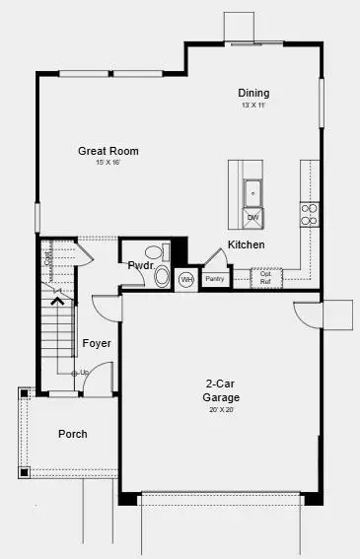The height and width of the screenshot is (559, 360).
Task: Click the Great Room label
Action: pos(108,151)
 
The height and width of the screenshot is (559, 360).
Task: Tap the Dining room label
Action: pos(253,93)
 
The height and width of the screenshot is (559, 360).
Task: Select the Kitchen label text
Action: pos(246,245)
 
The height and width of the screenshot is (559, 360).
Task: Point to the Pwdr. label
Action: pos(139,265)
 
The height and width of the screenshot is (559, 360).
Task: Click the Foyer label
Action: pos(97,343)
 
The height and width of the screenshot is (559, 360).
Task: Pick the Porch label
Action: pos(73,434)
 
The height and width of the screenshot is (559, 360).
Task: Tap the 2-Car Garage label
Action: pos(223,390)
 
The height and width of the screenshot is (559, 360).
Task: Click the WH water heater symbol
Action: pos(186,280)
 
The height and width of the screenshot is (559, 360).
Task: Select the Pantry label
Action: pos(215,279)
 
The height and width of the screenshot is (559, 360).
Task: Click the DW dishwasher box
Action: pos(252,217)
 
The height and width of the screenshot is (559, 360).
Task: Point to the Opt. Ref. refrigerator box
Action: pos(266,278)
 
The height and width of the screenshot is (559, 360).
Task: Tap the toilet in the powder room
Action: pos(162,277)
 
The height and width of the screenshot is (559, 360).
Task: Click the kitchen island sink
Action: pos(252,192)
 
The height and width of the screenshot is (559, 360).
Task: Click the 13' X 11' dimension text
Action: pos(253,105)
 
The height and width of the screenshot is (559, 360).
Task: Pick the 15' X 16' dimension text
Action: pos(108,163)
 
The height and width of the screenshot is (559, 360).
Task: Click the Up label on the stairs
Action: pos(83,372)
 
